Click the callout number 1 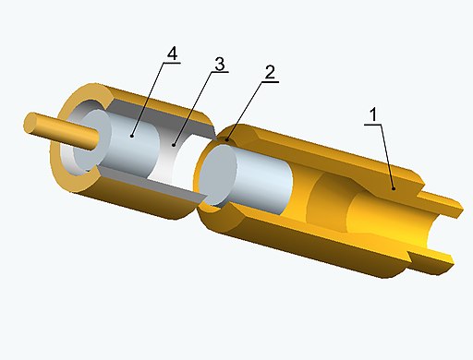coord(373,114)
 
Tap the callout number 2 coord(270,72)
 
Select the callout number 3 coord(220,64)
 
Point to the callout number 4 coord(173,54)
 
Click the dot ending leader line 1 coord(394,188)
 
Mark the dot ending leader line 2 coord(227,140)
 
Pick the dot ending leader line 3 coord(174,145)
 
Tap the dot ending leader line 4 coord(132,136)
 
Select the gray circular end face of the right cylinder coord(217,174)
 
